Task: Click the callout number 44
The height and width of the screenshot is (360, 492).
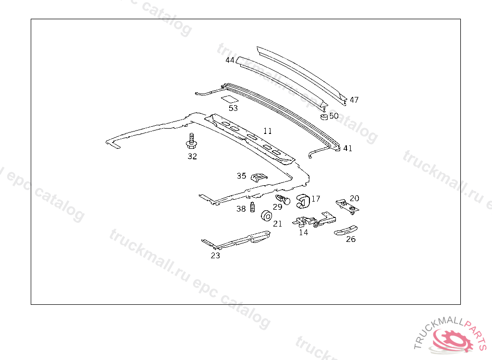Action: [230, 60]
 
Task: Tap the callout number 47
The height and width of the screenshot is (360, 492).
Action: [354, 100]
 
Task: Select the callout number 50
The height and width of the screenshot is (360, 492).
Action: [333, 116]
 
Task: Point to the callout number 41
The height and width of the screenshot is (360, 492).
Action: [347, 148]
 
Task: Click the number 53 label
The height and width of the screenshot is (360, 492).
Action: [233, 108]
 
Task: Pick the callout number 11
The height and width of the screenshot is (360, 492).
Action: [268, 131]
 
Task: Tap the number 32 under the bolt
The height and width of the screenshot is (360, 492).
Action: [192, 156]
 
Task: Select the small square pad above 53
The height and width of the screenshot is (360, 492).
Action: [230, 99]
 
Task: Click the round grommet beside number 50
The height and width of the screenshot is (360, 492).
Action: [324, 116]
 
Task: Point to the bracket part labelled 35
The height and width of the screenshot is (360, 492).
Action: [258, 177]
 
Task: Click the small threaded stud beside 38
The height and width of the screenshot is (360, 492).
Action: [252, 208]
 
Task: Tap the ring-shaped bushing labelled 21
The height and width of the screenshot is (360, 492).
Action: [265, 216]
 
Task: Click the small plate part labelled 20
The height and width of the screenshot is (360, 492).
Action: [348, 205]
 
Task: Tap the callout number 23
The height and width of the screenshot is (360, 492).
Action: [215, 255]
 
